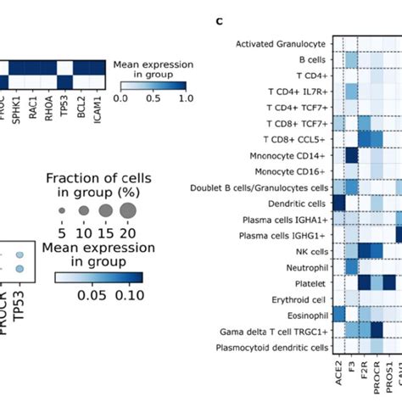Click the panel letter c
click(219, 21)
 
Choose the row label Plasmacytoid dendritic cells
click(274, 347)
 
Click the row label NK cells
click(310, 251)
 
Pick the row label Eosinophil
click(304, 315)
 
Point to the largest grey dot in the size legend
click(128, 209)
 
